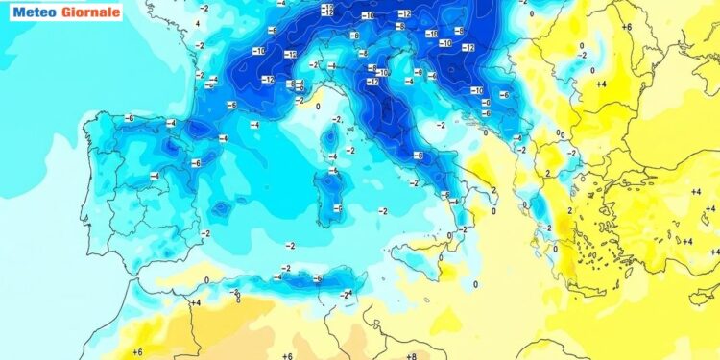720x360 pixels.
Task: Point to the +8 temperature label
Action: [410, 355]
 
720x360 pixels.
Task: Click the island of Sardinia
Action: [331, 196]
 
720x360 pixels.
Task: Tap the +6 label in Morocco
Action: [137, 352]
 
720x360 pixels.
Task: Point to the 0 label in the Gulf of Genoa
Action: [318, 106]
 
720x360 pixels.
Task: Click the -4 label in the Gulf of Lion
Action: [254, 125]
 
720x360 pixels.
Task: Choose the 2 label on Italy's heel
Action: [493, 190]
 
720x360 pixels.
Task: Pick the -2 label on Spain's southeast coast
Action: [204, 233]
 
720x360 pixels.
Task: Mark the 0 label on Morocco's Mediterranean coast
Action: [207, 279]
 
